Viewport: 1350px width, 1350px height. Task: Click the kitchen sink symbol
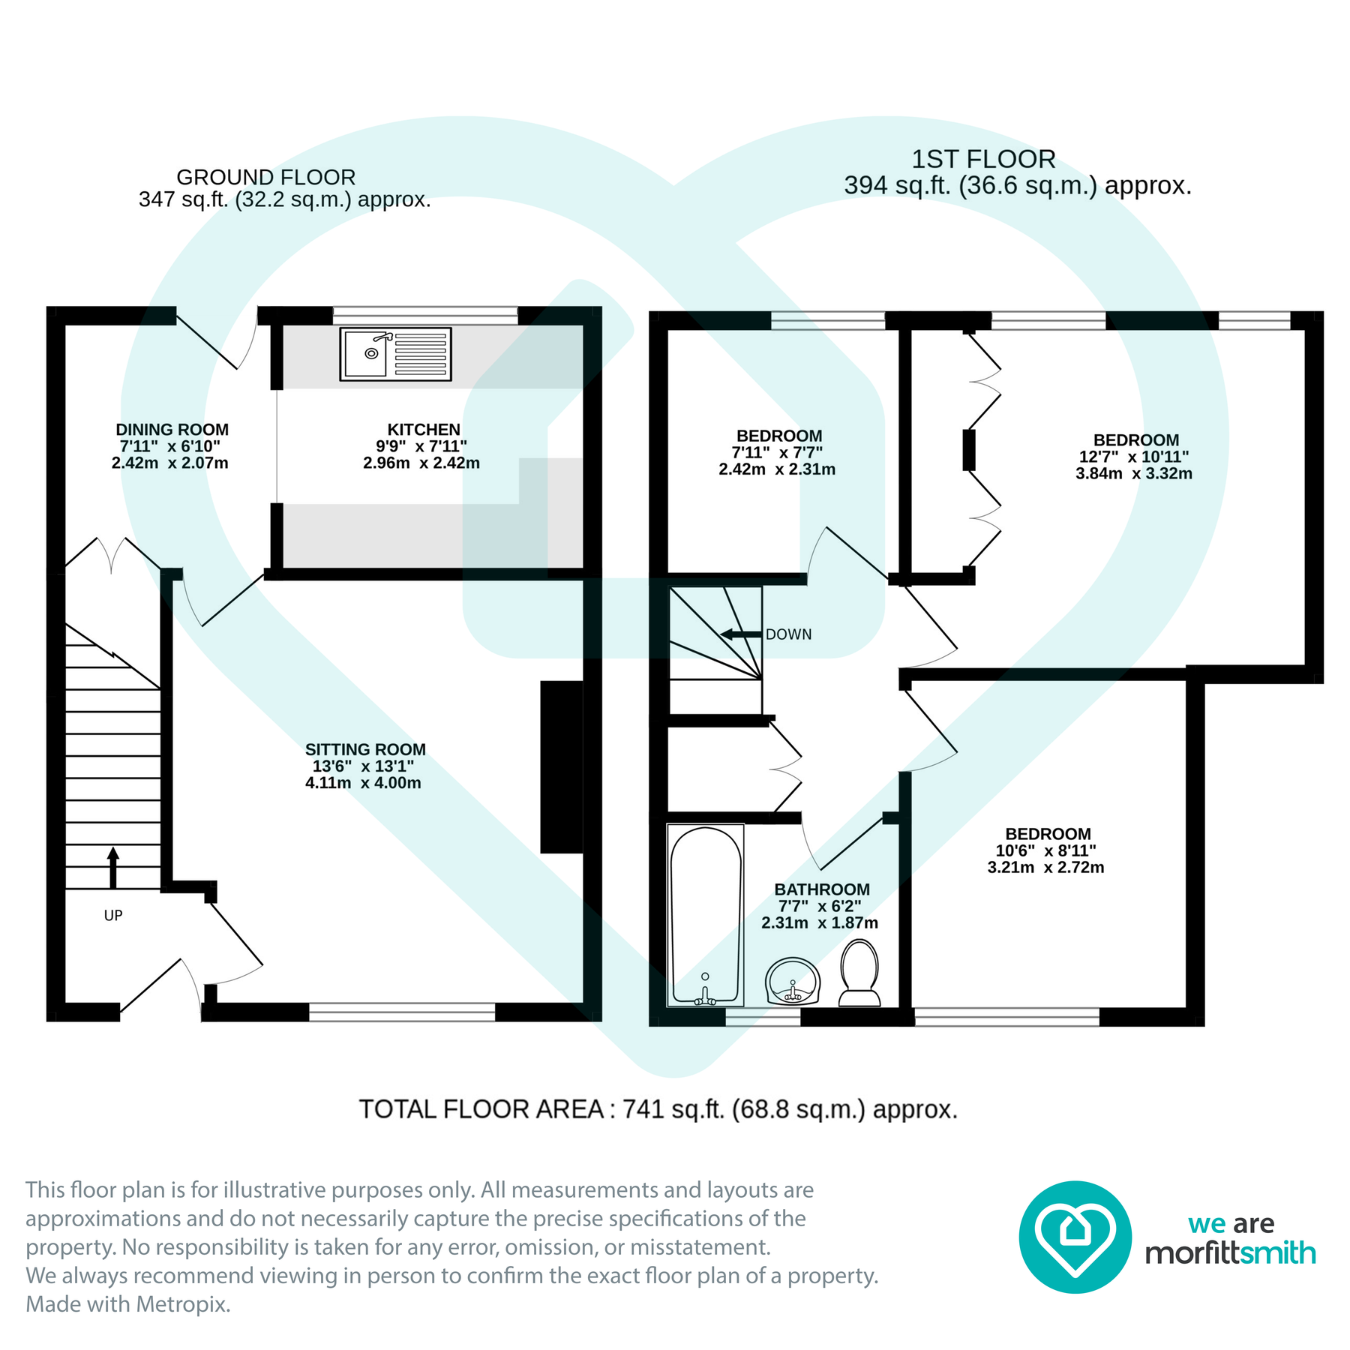point(395,353)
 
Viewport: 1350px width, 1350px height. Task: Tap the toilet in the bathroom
point(859,973)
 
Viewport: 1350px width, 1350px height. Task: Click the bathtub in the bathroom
point(705,915)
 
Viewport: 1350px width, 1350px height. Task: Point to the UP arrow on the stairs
point(113,867)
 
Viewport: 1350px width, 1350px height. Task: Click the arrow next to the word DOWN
point(741,634)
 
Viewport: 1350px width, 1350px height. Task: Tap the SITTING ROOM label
point(365,749)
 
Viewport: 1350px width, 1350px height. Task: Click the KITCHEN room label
point(424,430)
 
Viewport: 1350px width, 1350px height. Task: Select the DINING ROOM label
point(172,430)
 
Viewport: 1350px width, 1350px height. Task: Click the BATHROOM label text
point(822,889)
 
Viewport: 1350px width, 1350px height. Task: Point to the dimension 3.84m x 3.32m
point(1133,473)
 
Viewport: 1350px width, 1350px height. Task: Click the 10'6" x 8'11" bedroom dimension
point(1045,850)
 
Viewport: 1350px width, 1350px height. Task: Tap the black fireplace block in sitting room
point(562,766)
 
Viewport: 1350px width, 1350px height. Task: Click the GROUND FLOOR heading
point(265,178)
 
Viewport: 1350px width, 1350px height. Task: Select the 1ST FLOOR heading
point(983,159)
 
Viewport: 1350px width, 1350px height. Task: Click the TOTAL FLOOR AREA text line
point(658,1109)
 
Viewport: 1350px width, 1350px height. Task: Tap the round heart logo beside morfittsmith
point(1075,1237)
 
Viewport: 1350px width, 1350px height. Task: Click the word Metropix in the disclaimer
point(183,1304)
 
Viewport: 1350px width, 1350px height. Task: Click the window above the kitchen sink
point(425,315)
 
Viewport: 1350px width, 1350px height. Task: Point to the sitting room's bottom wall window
point(402,1012)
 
